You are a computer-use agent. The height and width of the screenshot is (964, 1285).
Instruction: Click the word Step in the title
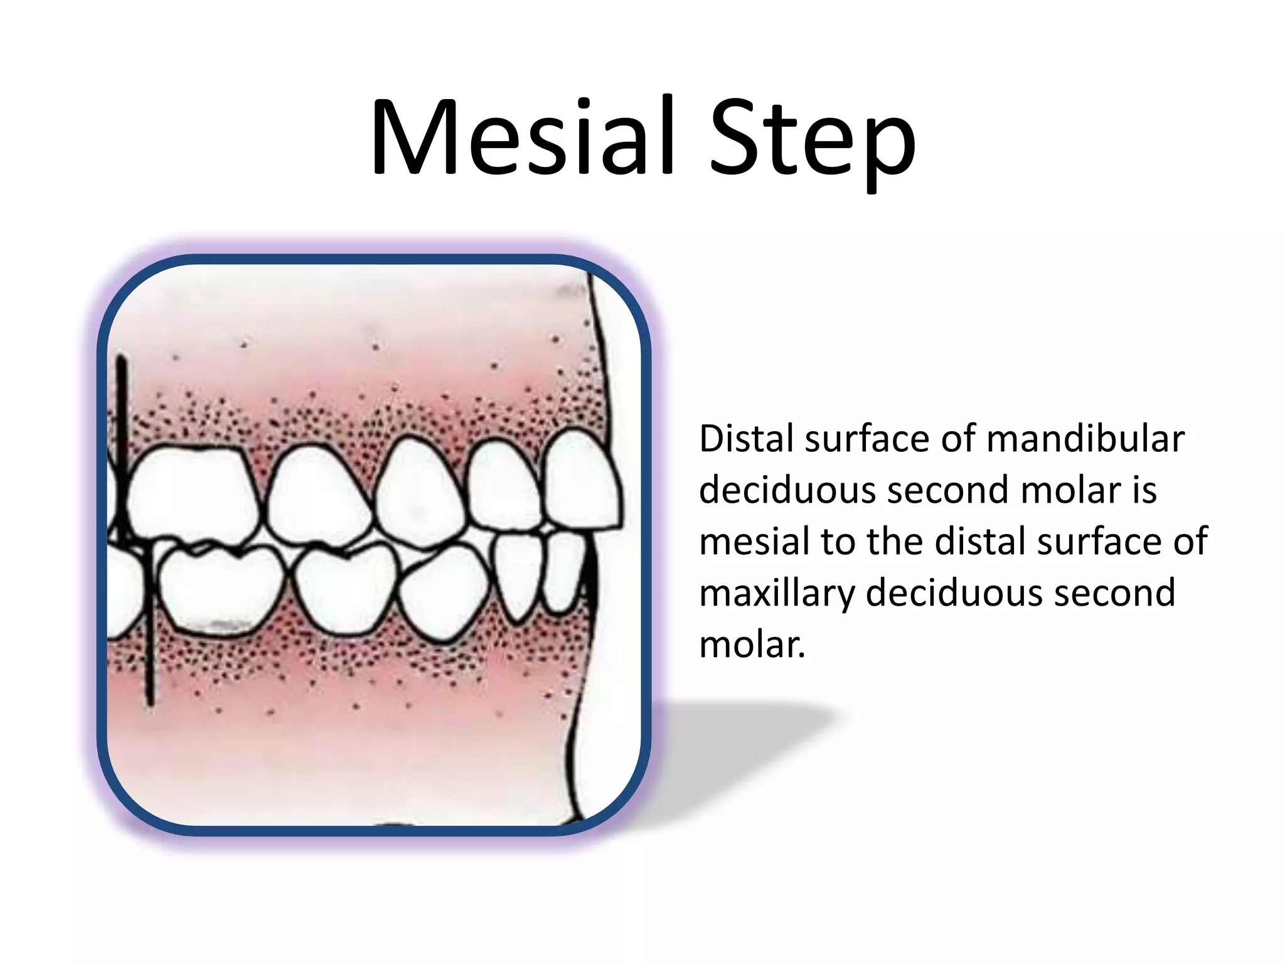coord(813,141)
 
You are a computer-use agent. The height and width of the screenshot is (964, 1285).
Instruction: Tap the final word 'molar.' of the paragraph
coord(752,645)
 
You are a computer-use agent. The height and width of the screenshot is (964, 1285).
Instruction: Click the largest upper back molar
coord(191,493)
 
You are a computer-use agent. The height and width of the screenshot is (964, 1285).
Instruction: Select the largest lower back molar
coord(220,590)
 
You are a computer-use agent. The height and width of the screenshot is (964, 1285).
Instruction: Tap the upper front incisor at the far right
coord(580,480)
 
